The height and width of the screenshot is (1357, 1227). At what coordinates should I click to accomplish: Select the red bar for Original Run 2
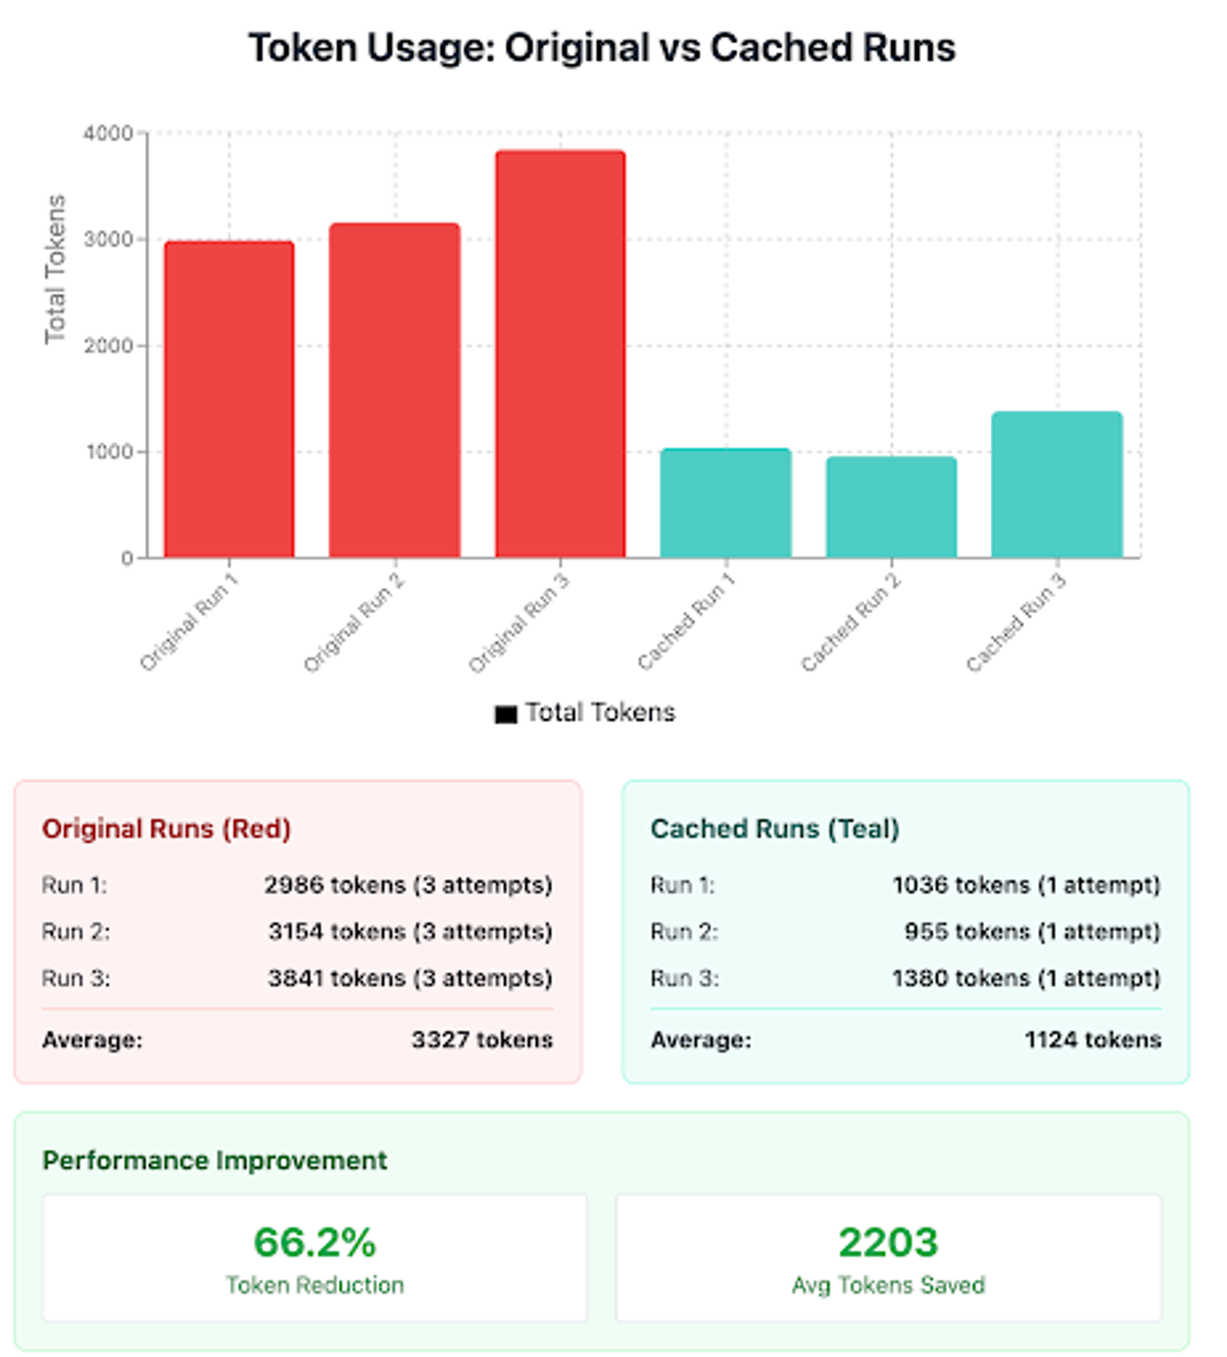tap(394, 391)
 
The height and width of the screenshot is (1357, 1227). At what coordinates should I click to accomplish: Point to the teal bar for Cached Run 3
tap(1057, 485)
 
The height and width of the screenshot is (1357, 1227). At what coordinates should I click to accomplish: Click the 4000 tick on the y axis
tap(108, 133)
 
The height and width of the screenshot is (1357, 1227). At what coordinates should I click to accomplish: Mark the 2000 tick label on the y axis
tap(108, 346)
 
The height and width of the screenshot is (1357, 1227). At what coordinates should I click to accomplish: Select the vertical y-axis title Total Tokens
tap(55, 269)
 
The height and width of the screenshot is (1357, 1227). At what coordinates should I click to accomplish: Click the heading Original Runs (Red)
tap(166, 829)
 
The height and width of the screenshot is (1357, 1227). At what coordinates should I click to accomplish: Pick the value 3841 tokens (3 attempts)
tap(410, 978)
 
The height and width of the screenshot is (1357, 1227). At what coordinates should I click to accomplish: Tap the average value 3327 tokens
tap(482, 1040)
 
